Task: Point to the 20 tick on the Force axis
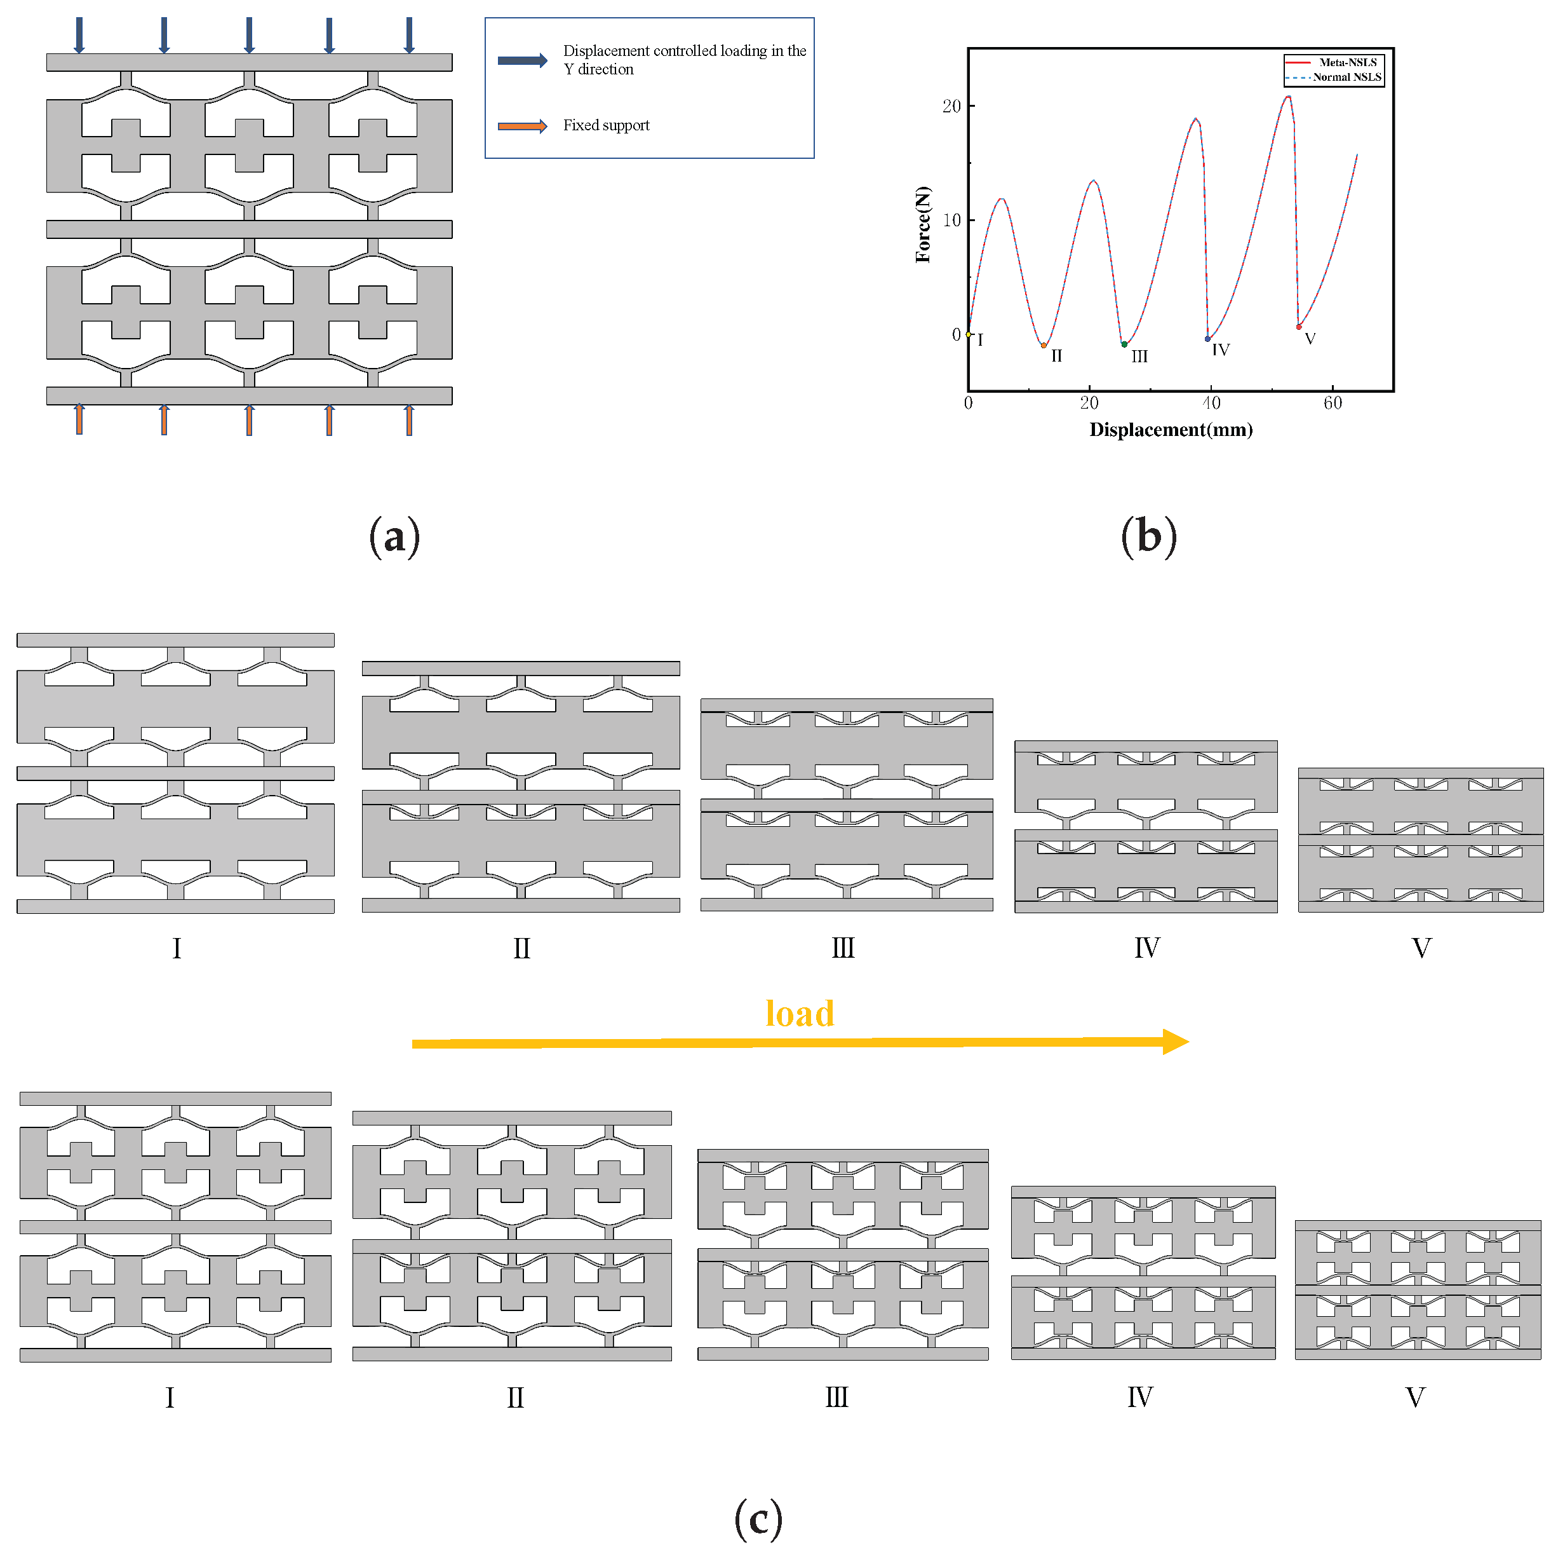(x=952, y=107)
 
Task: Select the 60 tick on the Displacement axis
(x=1332, y=402)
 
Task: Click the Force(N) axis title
(x=923, y=224)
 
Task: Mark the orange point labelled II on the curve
(x=1044, y=345)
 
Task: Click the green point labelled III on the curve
(x=1124, y=344)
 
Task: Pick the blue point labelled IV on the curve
(x=1207, y=339)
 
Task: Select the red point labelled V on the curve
(x=1298, y=327)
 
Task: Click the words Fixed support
(x=606, y=125)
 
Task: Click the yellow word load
(x=799, y=1013)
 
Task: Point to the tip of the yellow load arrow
(x=1187, y=1042)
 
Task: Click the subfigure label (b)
(x=1148, y=536)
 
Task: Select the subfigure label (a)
(x=394, y=536)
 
